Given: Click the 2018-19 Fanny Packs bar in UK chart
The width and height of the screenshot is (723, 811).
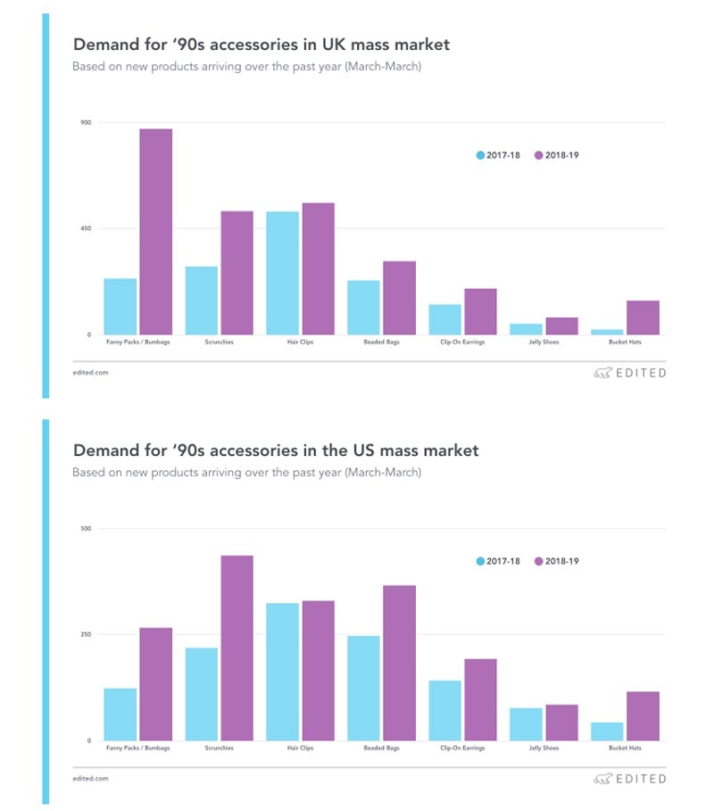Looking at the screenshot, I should click(x=155, y=232).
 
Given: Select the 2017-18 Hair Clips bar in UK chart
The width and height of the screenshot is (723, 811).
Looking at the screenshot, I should click(x=282, y=273).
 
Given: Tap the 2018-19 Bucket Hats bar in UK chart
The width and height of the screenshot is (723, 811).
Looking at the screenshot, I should click(x=643, y=318).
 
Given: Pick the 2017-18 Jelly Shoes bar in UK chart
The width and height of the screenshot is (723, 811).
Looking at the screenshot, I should click(x=526, y=329).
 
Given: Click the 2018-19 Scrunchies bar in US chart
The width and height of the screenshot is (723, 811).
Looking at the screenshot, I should click(x=237, y=648).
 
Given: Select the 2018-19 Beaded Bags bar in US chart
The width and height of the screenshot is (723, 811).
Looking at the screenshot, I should click(x=399, y=663).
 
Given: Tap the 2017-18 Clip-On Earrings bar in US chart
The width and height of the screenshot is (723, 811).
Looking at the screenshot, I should click(x=445, y=710).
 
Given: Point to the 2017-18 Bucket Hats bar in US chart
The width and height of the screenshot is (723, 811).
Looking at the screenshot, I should click(x=607, y=732).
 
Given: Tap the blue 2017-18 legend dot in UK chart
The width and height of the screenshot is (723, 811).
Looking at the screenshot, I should click(x=481, y=155).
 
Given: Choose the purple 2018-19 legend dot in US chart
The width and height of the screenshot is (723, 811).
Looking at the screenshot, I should click(x=538, y=561).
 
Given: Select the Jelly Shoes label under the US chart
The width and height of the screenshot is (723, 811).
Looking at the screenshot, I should click(x=543, y=749).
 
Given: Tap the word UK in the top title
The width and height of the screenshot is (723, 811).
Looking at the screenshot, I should click(x=344, y=44).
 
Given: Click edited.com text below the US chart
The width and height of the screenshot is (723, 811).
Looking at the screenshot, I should click(x=90, y=778).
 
